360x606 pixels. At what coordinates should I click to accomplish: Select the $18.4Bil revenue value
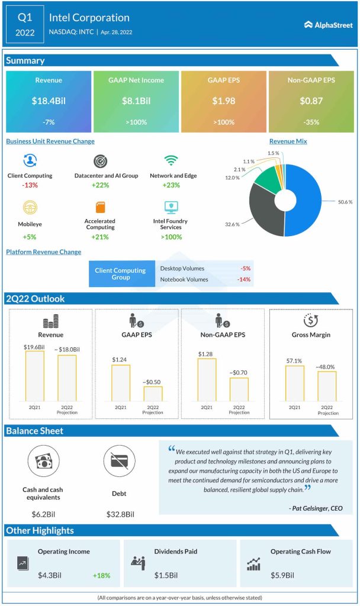pyautogui.click(x=49, y=101)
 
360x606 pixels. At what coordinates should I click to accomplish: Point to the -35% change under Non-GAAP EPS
pyautogui.click(x=311, y=122)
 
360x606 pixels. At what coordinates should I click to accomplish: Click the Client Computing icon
pyautogui.click(x=30, y=161)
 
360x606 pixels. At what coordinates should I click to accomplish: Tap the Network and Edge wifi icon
pyautogui.click(x=172, y=161)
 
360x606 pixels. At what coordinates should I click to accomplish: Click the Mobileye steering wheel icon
pyautogui.click(x=30, y=207)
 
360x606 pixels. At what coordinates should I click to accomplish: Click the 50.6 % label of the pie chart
pyautogui.click(x=345, y=202)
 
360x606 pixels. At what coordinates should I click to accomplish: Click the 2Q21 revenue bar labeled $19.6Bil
pyautogui.click(x=34, y=376)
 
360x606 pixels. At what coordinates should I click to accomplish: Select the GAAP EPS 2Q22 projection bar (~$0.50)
pyautogui.click(x=153, y=394)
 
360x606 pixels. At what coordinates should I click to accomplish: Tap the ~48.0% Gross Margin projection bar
pyautogui.click(x=327, y=386)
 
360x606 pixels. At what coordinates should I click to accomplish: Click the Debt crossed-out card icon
pyautogui.click(x=118, y=462)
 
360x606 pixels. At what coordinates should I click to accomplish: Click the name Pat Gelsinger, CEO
pyautogui.click(x=315, y=508)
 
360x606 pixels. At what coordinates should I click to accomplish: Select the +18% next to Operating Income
pyautogui.click(x=101, y=575)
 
